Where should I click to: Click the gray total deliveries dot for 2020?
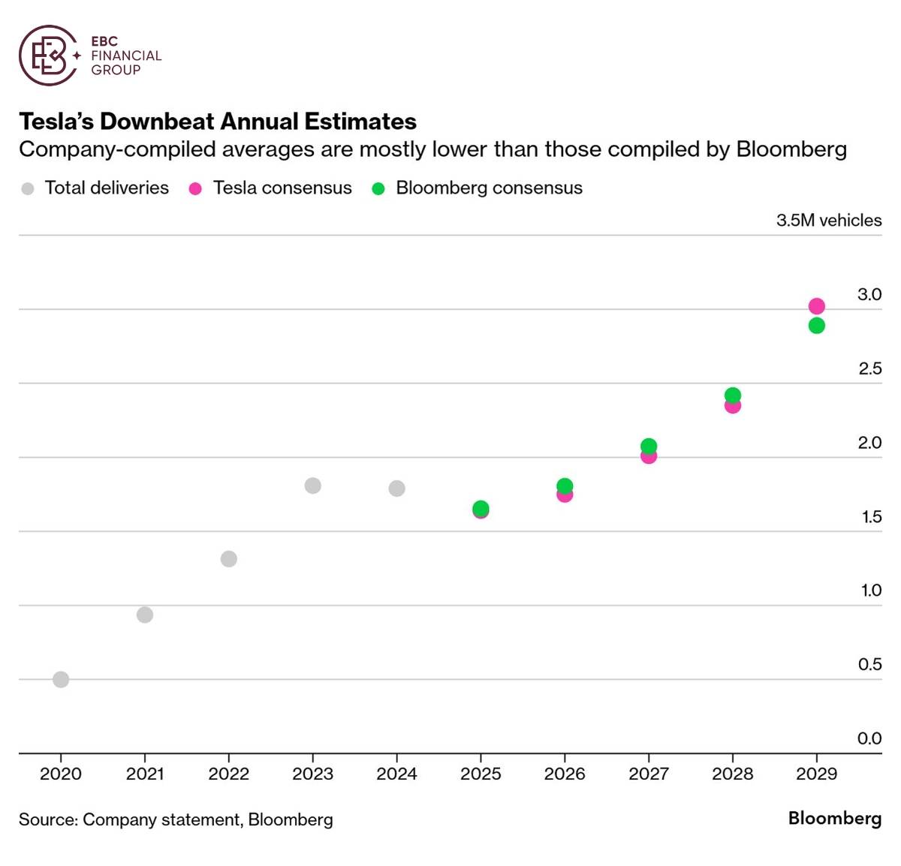pos(61,679)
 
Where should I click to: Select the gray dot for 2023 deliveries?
pos(313,486)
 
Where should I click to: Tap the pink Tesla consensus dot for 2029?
pos(817,305)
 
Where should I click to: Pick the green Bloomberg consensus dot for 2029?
pos(817,326)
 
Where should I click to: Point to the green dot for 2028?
pos(733,395)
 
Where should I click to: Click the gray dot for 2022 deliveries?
pos(229,559)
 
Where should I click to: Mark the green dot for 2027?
pos(649,446)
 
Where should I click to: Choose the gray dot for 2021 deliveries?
pos(145,615)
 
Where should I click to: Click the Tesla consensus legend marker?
pos(195,189)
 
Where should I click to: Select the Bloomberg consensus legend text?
pos(489,188)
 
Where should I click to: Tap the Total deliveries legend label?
pos(107,188)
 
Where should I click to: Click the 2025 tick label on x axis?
pos(481,774)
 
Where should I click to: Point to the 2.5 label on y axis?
pos(869,368)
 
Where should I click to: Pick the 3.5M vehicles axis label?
pos(829,220)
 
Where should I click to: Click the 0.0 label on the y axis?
pos(869,738)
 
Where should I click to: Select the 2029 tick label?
pos(816,774)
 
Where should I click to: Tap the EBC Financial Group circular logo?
pos(48,55)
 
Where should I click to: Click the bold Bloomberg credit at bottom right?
pos(834,818)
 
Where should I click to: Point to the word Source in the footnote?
pos(47,819)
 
